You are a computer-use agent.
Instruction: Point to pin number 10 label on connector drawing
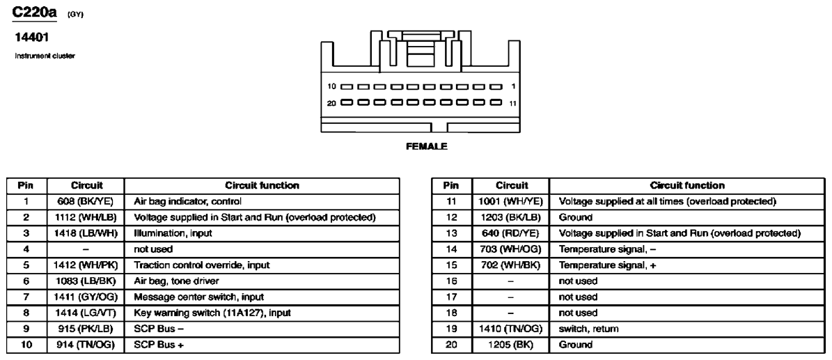pyautogui.click(x=331, y=87)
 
